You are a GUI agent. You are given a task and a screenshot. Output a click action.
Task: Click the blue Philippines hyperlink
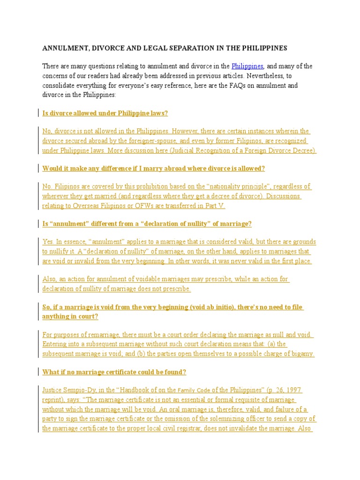coord(247,66)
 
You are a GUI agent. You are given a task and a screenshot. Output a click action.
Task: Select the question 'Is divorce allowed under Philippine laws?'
coord(105,113)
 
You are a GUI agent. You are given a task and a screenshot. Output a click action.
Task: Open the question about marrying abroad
coord(153,169)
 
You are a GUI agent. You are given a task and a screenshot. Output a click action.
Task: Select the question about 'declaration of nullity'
coord(147,224)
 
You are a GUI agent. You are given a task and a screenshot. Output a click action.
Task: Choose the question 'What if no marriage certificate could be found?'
coord(114,372)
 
